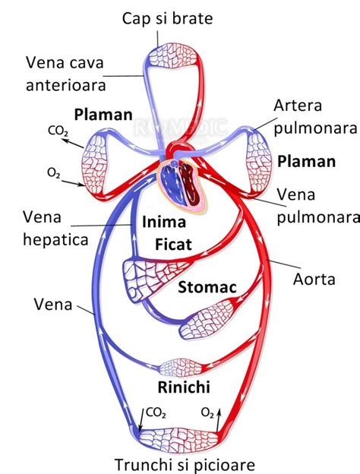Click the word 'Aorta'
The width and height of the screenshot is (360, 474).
pyautogui.click(x=314, y=280)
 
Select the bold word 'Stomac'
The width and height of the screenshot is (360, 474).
pyautogui.click(x=204, y=288)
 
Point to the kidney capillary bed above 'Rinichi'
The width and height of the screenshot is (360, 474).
pyautogui.click(x=181, y=367)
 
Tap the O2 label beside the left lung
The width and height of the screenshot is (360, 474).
pyautogui.click(x=54, y=173)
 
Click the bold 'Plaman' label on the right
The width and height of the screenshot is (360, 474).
pyautogui.click(x=305, y=161)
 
